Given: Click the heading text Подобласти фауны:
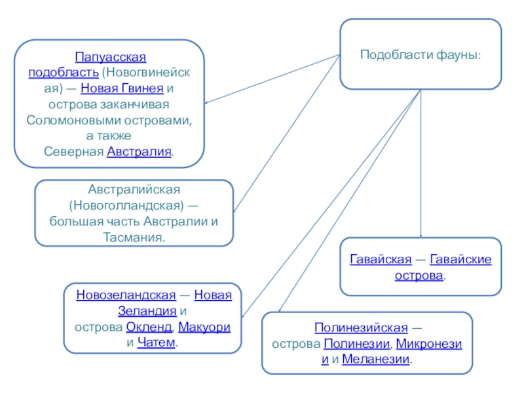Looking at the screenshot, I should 421,54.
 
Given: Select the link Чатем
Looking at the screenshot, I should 157,343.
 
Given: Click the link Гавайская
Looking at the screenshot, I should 381,260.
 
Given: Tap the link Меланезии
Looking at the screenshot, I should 377,359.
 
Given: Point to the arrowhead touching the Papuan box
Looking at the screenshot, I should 206,102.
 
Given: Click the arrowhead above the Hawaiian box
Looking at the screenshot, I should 421,236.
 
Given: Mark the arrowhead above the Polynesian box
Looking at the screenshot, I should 280,310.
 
